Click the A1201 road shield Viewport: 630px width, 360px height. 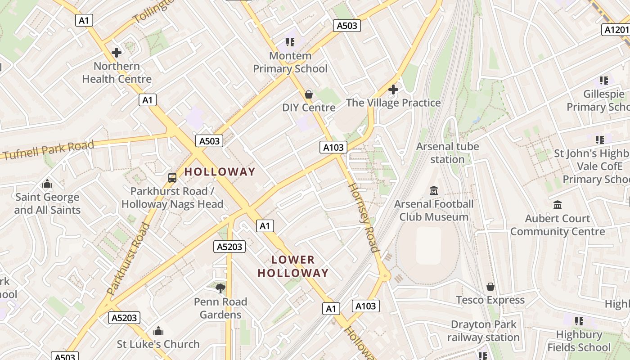[616, 30]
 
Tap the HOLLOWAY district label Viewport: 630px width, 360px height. [220, 171]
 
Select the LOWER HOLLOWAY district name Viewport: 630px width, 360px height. [293, 266]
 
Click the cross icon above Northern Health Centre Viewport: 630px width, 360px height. [117, 53]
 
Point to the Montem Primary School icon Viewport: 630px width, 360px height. [290, 42]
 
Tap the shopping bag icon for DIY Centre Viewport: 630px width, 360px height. [309, 94]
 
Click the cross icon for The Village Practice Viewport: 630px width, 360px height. [393, 90]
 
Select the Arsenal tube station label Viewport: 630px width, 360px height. [447, 153]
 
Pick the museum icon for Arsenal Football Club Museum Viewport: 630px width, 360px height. [434, 191]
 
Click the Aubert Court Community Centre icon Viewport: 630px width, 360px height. [558, 205]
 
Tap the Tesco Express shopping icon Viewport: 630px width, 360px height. [490, 287]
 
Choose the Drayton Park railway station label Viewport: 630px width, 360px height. [483, 331]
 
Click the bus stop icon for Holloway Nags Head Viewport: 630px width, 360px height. [172, 178]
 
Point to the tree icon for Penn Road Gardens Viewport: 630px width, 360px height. [220, 288]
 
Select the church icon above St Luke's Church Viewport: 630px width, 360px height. [158, 331]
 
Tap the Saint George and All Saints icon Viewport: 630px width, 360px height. [47, 184]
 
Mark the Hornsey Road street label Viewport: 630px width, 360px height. [363, 216]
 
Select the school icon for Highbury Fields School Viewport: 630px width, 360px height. [579, 321]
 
